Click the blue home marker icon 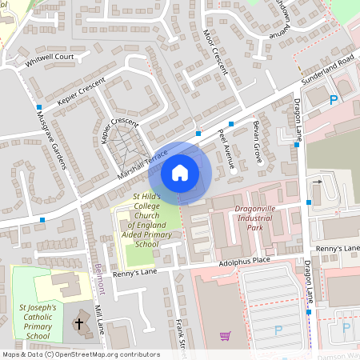[180, 172]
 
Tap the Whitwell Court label [50, 58]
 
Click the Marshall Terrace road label [143, 163]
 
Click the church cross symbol [78, 324]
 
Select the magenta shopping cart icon [226, 336]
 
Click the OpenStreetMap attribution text [80, 354]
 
